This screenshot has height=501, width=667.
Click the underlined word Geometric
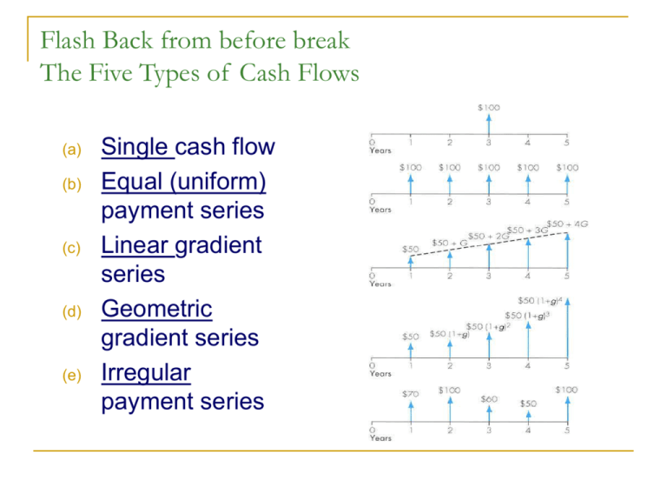click(x=157, y=309)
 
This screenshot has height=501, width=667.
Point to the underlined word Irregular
click(x=146, y=373)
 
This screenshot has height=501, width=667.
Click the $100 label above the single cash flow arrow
click(x=488, y=109)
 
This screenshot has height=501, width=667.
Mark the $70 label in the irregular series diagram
click(x=410, y=394)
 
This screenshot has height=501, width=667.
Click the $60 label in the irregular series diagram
click(x=490, y=398)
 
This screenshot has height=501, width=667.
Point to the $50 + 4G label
click(x=565, y=224)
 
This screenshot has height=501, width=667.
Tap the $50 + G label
click(x=448, y=244)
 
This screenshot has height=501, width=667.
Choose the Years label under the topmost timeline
click(x=380, y=150)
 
